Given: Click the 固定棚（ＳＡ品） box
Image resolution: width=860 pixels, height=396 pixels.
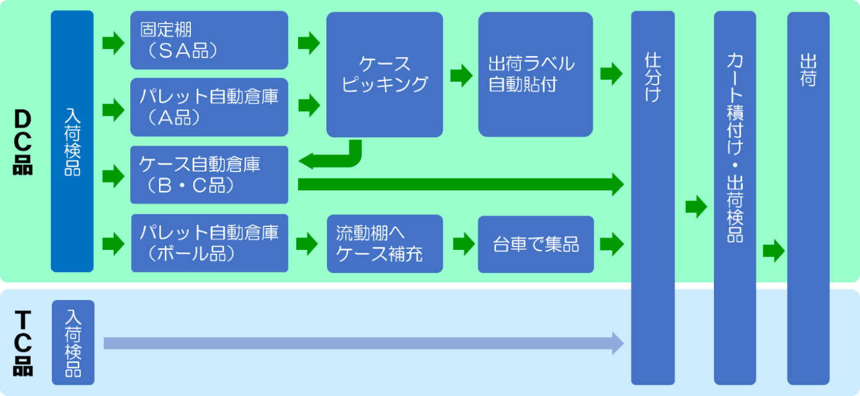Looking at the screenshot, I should [x=209, y=40].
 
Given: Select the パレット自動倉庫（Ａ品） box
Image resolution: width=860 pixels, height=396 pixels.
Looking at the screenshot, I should [x=209, y=107].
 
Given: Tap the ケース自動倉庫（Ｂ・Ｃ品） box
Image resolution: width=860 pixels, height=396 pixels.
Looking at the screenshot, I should [x=209, y=175].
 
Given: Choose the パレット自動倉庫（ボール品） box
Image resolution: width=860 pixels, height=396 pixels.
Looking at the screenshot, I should [x=209, y=243].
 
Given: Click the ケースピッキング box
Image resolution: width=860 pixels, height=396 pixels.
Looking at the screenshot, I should [x=384, y=75].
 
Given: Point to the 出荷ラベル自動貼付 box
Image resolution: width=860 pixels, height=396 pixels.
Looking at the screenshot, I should [x=535, y=75].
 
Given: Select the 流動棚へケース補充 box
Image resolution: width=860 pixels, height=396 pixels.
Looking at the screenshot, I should [x=384, y=244].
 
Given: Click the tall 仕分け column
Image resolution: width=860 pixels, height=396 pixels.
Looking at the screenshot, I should [x=652, y=197].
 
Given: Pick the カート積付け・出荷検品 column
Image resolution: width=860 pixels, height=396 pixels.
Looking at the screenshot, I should [x=735, y=197].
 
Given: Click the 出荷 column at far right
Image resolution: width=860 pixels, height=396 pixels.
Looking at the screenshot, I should [x=808, y=197].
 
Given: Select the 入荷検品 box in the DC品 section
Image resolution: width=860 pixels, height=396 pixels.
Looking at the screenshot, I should [x=72, y=141].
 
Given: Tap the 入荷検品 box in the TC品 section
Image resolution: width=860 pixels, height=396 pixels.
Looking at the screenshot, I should [x=73, y=342].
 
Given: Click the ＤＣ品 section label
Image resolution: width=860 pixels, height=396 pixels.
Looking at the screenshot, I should [x=22, y=143].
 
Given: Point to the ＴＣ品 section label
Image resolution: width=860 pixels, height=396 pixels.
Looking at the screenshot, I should [x=22, y=344].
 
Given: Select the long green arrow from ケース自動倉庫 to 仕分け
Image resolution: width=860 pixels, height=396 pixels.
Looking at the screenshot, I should [x=459, y=184].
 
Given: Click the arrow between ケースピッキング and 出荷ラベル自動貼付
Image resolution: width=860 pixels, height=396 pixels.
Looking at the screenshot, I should [x=461, y=75].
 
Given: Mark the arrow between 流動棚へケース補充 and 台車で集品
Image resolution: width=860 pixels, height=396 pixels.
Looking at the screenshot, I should [x=463, y=244].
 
